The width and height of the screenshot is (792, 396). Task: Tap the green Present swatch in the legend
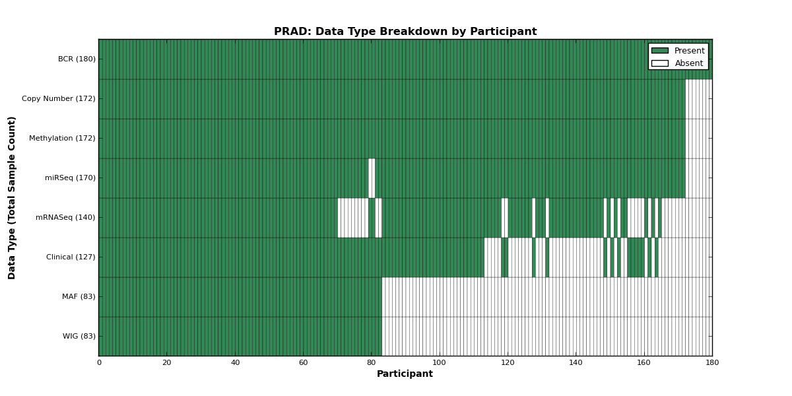coord(660,51)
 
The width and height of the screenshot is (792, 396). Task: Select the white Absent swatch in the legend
coord(660,63)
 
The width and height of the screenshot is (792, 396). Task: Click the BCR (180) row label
coord(77,59)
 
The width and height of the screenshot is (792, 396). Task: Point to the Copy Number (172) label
coord(59,98)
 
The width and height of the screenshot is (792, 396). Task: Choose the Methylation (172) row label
coord(62,138)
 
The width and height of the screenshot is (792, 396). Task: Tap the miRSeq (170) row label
coord(71,178)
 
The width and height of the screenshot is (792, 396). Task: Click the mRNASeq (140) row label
coord(65,217)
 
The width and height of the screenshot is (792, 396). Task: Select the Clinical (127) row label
coord(71,257)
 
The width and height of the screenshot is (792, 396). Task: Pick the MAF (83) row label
coord(79,296)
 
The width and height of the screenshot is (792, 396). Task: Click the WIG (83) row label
coord(79,336)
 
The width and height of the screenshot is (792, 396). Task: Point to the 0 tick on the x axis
coord(100,363)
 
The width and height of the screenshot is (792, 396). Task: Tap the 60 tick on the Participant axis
coord(304,363)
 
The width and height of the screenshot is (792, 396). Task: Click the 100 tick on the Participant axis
coord(439,363)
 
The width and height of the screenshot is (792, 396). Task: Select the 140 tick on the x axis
coord(576,363)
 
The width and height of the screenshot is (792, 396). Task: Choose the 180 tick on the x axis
coord(712,363)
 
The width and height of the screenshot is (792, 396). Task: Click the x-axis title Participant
coord(405,374)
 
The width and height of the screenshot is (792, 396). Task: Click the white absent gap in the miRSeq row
coord(372,178)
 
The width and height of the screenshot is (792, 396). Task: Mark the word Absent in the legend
coord(689,63)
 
